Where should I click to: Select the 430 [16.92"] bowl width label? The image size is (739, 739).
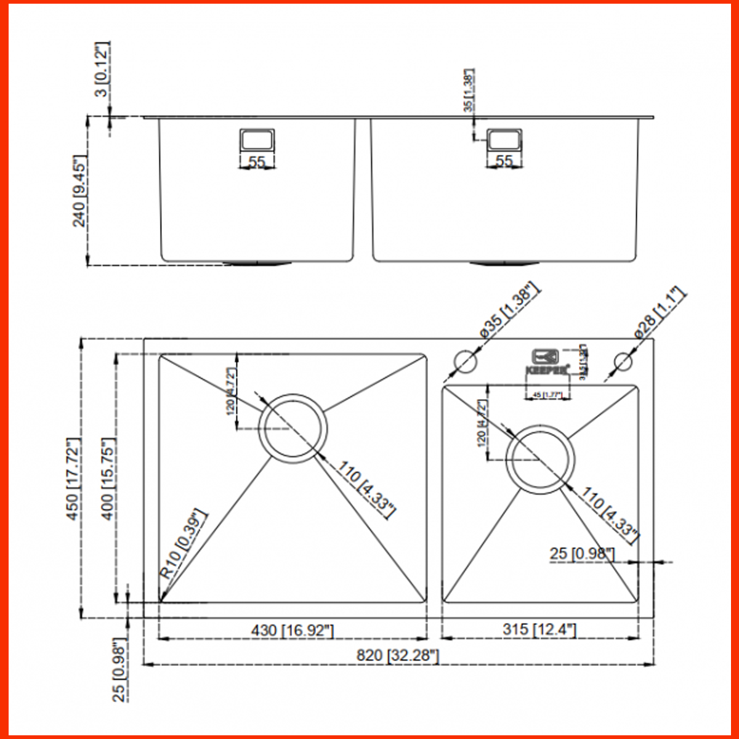coord(293,630)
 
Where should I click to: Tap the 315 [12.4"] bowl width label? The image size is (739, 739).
coord(539,629)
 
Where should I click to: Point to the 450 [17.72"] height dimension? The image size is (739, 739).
coord(73,479)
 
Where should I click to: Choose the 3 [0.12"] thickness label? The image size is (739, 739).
coord(102,68)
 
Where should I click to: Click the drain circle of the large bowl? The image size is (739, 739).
coord(293,427)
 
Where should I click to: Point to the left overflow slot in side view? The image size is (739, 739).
coord(257,140)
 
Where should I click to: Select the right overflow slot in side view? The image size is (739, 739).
coord(504,140)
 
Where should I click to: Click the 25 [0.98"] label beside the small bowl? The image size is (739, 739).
coord(582,554)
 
